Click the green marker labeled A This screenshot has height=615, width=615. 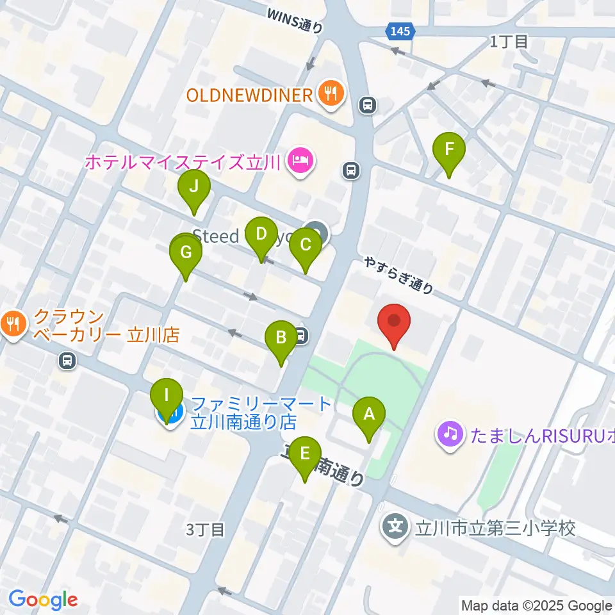pyautogui.click(x=368, y=414)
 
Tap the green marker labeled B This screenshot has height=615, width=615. pyautogui.click(x=281, y=338)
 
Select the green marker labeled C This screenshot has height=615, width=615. pyautogui.click(x=305, y=245)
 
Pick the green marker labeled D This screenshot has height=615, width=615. pyautogui.click(x=261, y=234)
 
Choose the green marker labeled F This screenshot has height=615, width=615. pyautogui.click(x=449, y=150)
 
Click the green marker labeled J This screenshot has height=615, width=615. pyautogui.click(x=193, y=187)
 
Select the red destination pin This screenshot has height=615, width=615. pyautogui.click(x=394, y=320)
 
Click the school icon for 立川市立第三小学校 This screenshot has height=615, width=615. pyautogui.click(x=395, y=528)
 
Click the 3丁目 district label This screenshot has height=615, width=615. pyautogui.click(x=206, y=530)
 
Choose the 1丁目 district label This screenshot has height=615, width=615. pyautogui.click(x=509, y=42)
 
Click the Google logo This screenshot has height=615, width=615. pyautogui.click(x=42, y=600)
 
